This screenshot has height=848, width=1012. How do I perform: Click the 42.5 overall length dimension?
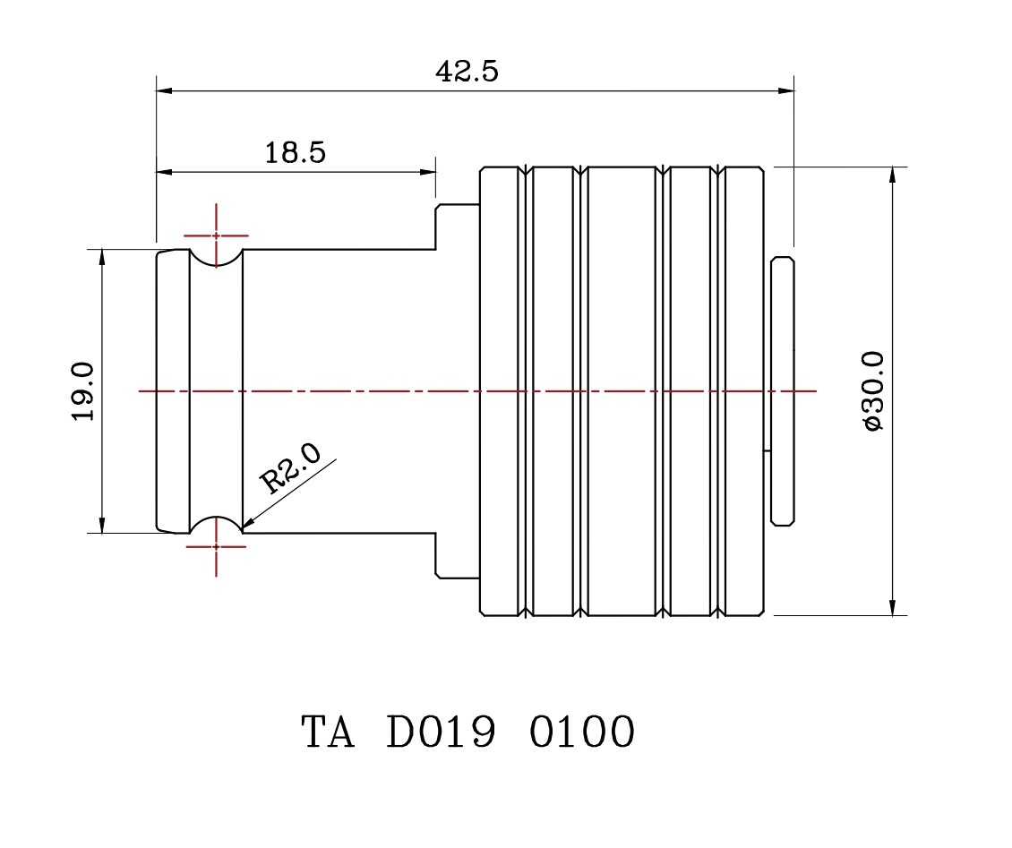tap(467, 72)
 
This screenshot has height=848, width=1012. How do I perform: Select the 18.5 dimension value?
tap(295, 152)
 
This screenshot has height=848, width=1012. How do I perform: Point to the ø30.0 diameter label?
tap(873, 391)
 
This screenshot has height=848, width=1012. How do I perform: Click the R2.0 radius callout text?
tap(288, 470)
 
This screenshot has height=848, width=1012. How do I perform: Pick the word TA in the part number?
tap(328, 732)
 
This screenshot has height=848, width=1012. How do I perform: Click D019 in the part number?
tap(441, 732)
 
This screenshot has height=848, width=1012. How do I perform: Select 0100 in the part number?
tap(582, 732)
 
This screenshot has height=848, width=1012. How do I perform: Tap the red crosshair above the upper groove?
tap(216, 236)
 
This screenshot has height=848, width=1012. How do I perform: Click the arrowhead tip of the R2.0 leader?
tap(244, 528)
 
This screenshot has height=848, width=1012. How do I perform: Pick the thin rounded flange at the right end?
tap(783, 390)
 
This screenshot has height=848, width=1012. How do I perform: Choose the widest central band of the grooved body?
tap(622, 391)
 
